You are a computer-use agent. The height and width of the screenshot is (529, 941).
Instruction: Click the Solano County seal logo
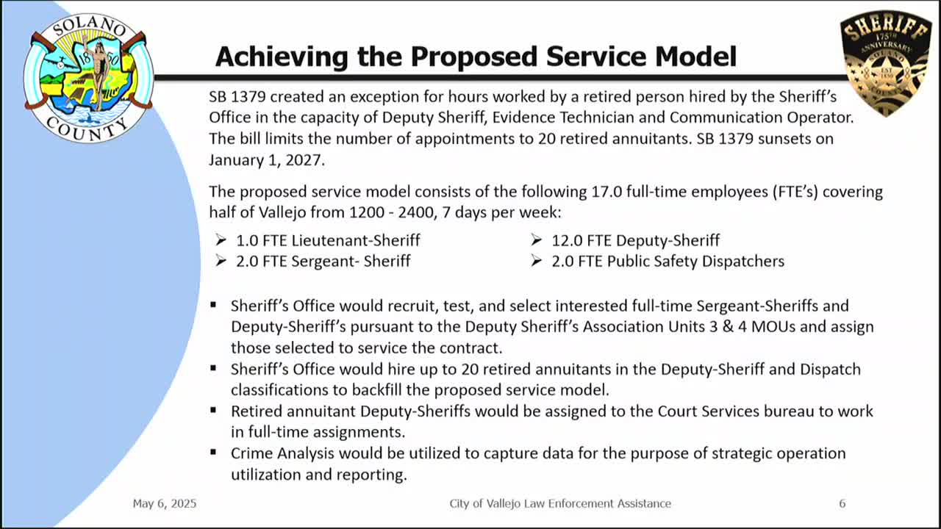88,76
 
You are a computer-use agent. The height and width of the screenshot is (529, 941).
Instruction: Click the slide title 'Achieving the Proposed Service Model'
476,56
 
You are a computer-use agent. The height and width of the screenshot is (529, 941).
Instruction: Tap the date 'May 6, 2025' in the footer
165,503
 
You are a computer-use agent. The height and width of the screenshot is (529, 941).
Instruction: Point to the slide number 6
842,503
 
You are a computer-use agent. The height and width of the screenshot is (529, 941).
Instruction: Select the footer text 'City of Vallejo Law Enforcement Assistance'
560,503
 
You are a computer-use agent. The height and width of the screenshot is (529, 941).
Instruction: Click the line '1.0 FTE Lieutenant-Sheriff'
328,240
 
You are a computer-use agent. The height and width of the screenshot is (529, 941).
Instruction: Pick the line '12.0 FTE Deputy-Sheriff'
635,240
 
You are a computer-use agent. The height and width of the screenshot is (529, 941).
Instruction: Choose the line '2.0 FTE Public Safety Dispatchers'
668,261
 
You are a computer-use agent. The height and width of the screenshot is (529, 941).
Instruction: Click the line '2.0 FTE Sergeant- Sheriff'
323,261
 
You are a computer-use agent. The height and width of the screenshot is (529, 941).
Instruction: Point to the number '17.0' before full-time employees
605,192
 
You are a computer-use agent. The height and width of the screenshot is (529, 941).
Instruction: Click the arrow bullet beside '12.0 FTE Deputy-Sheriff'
536,240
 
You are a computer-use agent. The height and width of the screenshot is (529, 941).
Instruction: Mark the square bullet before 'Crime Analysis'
213,453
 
